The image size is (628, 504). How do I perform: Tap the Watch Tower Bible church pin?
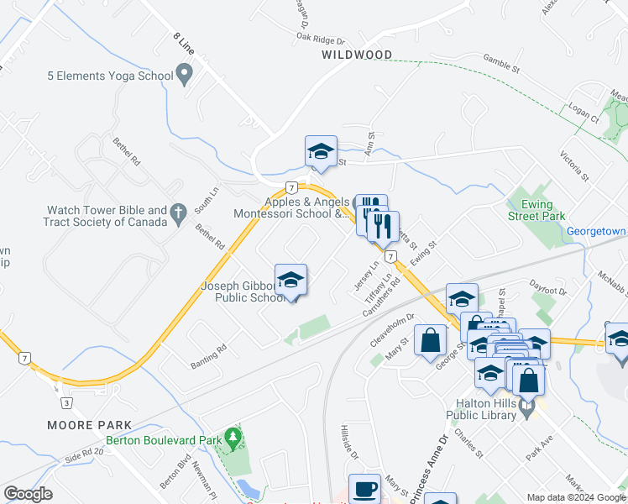pos(177,215)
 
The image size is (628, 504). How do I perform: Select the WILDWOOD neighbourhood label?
pos(357,55)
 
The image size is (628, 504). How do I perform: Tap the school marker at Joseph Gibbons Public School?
pos(290,281)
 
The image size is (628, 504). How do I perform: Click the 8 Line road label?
pos(184,44)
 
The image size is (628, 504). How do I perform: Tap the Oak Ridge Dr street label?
pos(320,39)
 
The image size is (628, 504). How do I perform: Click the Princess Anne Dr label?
pos(428,470)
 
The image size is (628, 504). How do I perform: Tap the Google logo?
pos(29,494)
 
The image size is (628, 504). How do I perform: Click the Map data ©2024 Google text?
pos(575,497)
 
